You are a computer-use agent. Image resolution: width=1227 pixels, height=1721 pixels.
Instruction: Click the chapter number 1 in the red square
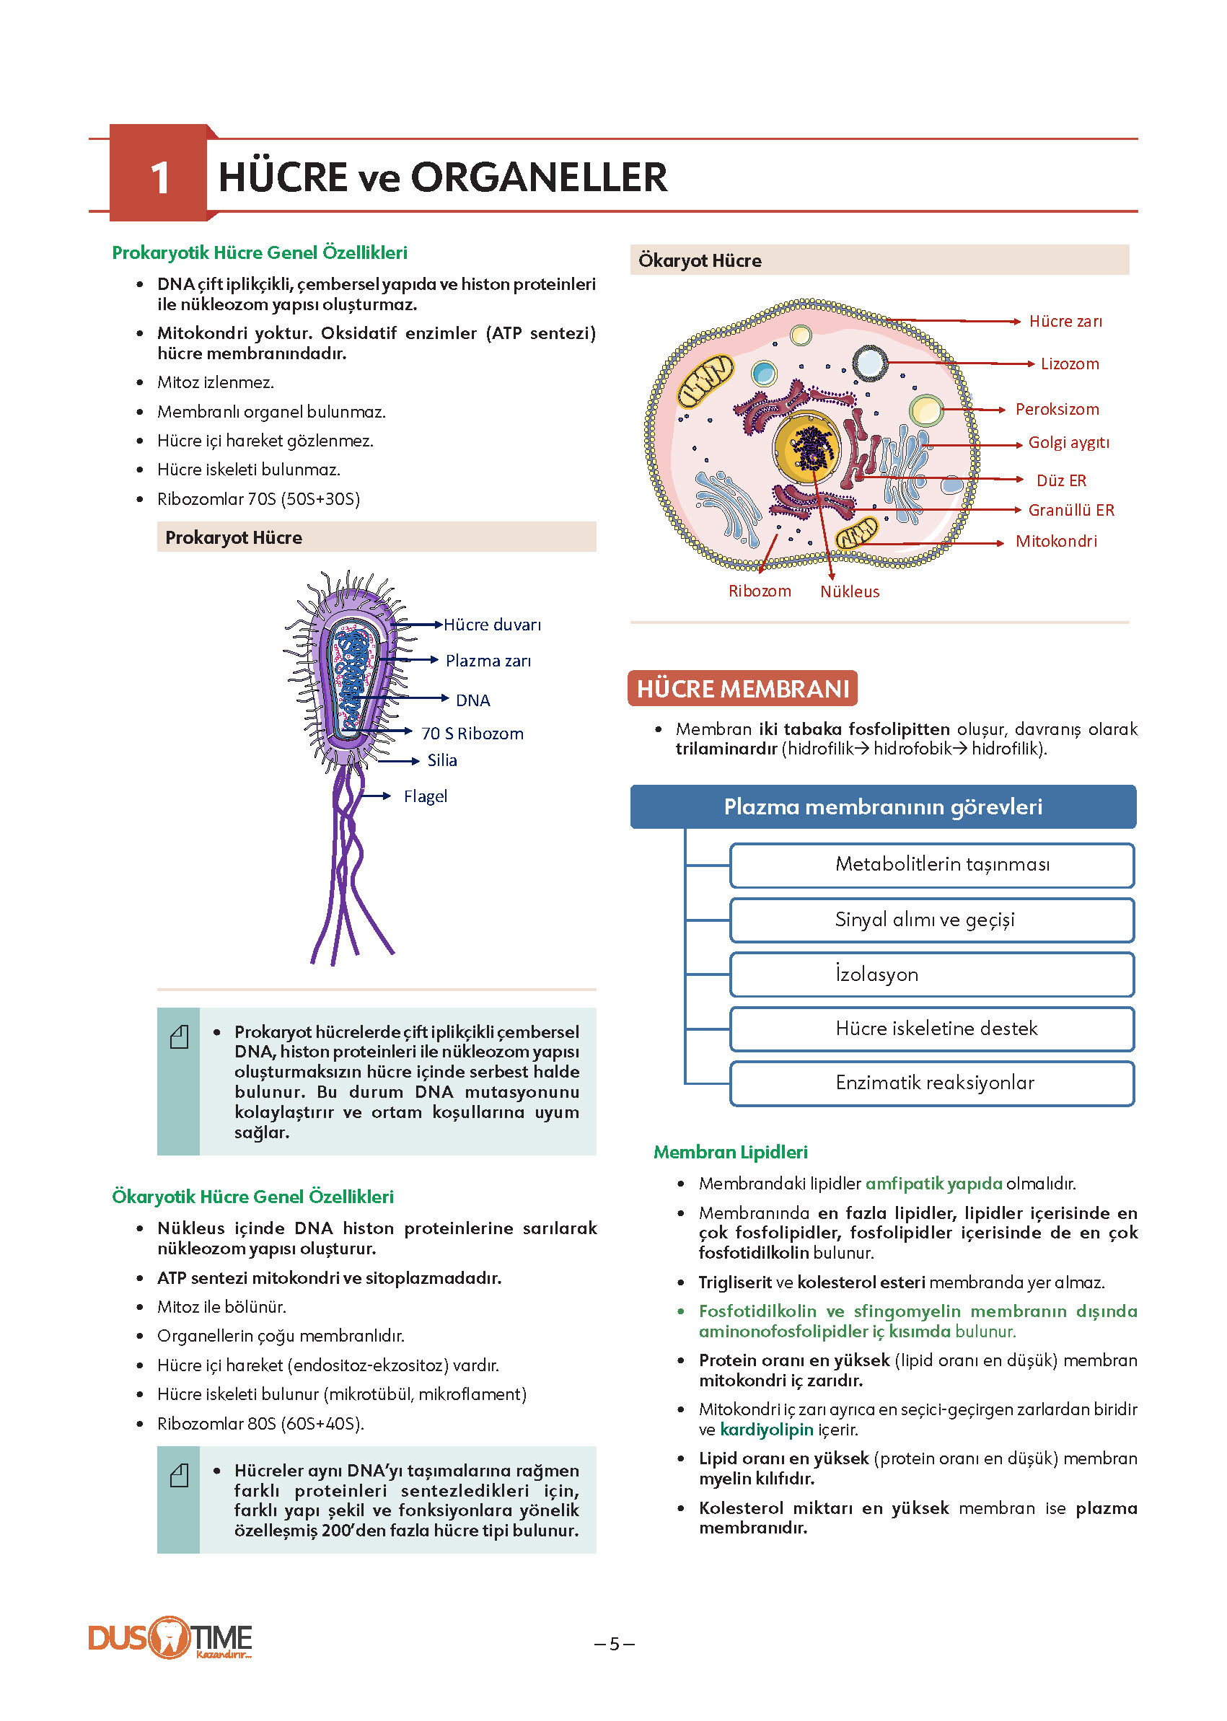coord(159,178)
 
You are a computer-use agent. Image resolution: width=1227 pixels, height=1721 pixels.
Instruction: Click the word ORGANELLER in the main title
coord(539,177)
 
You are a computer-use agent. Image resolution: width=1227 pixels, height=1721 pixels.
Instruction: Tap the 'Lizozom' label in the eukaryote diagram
coord(1069,364)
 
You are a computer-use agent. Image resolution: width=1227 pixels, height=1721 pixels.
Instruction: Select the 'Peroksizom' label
coord(1056,409)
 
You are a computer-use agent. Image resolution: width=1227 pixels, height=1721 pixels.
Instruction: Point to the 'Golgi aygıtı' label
coord(1068,442)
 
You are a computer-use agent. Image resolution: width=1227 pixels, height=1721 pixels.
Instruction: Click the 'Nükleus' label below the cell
coord(849,591)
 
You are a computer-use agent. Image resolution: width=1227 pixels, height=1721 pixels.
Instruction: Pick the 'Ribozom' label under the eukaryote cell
coord(760,591)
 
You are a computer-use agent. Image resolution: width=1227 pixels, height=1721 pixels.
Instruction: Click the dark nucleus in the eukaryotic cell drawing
coord(809,448)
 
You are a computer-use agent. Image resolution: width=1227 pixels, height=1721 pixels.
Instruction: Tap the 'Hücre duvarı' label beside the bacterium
coord(492,625)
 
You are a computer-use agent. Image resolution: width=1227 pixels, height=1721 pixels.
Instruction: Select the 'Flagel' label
coord(426,796)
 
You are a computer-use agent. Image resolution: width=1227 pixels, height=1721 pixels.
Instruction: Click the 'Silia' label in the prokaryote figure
coord(442,760)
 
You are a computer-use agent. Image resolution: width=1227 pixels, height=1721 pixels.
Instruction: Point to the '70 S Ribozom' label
coord(472,734)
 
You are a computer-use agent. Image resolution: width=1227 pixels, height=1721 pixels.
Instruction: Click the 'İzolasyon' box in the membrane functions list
coord(931,974)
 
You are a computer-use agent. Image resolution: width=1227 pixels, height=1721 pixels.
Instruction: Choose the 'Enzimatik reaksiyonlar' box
coord(931,1083)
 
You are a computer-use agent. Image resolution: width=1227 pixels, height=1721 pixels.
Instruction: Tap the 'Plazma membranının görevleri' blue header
coord(883,807)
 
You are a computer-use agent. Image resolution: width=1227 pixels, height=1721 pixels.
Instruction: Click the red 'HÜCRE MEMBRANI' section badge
coord(743,688)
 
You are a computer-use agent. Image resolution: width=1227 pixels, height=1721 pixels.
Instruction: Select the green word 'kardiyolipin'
coord(767,1430)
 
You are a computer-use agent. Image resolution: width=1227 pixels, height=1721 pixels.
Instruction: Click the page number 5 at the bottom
coord(615,1644)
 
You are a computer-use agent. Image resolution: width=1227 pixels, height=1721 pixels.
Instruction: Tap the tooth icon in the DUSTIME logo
coord(170,1637)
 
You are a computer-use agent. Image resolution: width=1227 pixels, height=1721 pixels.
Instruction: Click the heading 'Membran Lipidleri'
coord(731,1152)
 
